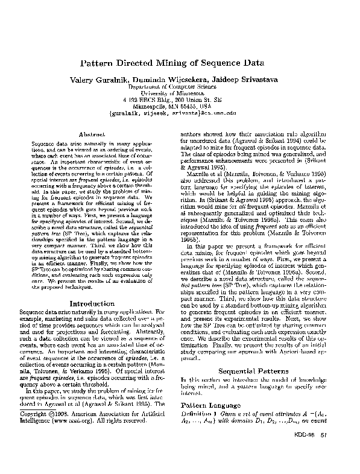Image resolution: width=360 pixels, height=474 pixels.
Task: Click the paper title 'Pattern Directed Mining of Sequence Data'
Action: point(180,64)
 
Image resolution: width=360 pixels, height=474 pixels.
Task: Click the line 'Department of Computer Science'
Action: point(179,87)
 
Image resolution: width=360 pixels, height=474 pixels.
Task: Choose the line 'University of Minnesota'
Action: point(179,94)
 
